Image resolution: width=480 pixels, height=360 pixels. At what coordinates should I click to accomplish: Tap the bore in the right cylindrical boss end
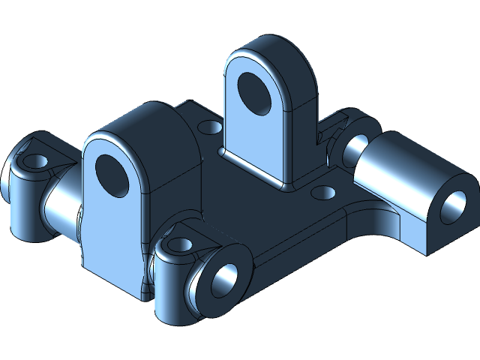coord(452,205)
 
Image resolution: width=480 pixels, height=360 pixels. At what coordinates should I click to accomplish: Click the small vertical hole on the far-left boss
coord(32,160)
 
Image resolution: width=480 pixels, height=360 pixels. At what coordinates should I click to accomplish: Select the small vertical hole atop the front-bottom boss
coord(181,244)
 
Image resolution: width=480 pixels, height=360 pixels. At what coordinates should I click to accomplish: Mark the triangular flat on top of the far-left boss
coord(52,154)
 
